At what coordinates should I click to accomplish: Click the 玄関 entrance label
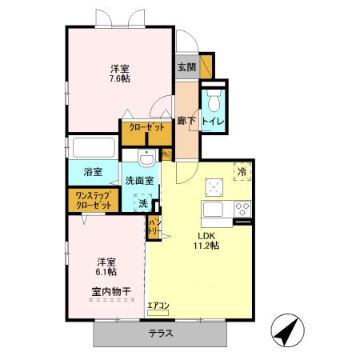coord(186,66)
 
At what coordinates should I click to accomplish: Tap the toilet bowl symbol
coord(213,101)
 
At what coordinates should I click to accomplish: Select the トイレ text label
coord(213,122)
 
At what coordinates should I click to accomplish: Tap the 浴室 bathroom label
coord(93,172)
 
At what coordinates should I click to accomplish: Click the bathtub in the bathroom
coord(94,148)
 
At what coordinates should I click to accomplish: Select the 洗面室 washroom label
coord(139,181)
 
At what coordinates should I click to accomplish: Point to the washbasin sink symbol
coord(142,155)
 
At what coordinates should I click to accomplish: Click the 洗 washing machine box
coord(142,203)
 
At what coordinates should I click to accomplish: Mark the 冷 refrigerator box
coord(240,170)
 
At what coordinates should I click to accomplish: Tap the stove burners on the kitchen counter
coord(242,209)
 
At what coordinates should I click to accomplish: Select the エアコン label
coord(158,305)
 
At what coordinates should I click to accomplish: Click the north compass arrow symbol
coord(289,330)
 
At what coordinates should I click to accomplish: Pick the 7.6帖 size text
coord(119,79)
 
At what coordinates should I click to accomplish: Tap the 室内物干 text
coord(106,291)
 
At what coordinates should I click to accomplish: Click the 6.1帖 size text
coord(106,273)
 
